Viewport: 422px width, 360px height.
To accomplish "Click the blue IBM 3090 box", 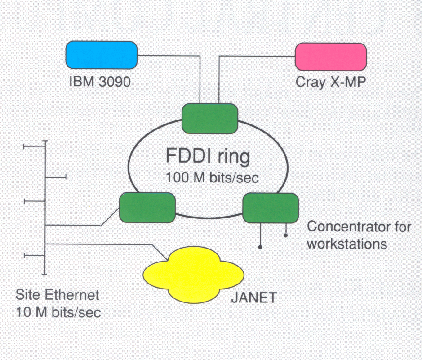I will (x=101, y=55).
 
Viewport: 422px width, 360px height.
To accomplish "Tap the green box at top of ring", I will (x=209, y=119).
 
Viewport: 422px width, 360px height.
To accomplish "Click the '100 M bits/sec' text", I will (x=212, y=177).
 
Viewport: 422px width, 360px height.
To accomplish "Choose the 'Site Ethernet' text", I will (x=57, y=295).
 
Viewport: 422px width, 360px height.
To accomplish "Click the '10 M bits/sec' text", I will (x=58, y=312).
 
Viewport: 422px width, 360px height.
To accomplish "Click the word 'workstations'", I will (x=347, y=244).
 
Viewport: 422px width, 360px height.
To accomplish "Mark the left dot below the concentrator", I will (x=260, y=246).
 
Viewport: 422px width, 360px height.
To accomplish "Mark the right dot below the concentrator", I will (x=285, y=235).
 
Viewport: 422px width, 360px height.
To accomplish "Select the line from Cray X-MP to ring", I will (x=256, y=56).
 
